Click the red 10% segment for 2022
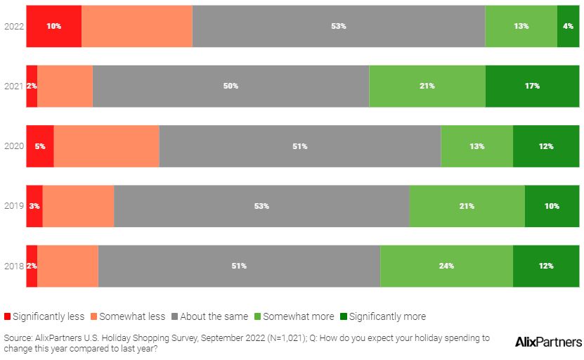click(53, 26)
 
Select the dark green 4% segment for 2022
click(568, 26)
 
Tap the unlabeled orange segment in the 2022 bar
click(136, 26)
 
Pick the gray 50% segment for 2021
click(231, 86)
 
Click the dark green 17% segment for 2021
click(532, 86)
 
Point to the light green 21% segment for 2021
click(427, 86)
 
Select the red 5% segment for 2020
click(40, 146)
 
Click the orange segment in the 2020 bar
click(106, 146)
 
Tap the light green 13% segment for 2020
click(476, 146)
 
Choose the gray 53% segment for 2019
click(261, 206)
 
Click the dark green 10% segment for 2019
click(552, 206)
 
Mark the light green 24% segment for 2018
click(446, 266)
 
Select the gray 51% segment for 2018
click(239, 266)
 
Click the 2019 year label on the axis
click(14, 206)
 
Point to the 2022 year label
click(14, 26)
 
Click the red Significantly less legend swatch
click(7, 316)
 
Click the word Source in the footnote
click(18, 337)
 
